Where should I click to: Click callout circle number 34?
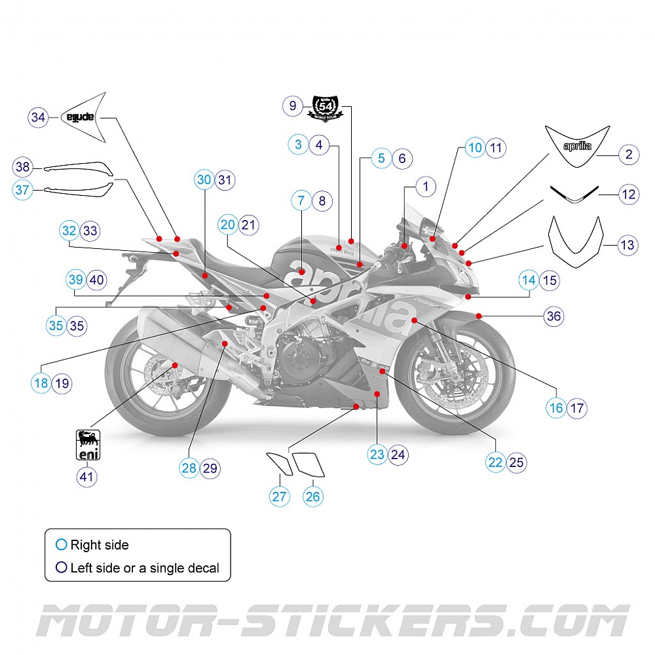[39, 117]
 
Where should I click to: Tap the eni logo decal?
[87, 445]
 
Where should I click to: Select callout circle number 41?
[87, 476]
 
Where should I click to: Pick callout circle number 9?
[293, 105]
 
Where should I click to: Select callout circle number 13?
[627, 246]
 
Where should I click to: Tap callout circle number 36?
[554, 316]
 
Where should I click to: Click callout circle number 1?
[426, 186]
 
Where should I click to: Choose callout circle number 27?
[280, 496]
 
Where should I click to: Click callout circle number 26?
[313, 496]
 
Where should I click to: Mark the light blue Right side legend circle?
[62, 544]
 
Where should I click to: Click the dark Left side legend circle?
[62, 568]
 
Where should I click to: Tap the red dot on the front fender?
[479, 316]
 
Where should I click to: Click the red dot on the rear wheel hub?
[175, 364]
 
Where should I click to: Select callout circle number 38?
[23, 168]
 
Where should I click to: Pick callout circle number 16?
[556, 408]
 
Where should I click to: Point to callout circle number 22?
[496, 462]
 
